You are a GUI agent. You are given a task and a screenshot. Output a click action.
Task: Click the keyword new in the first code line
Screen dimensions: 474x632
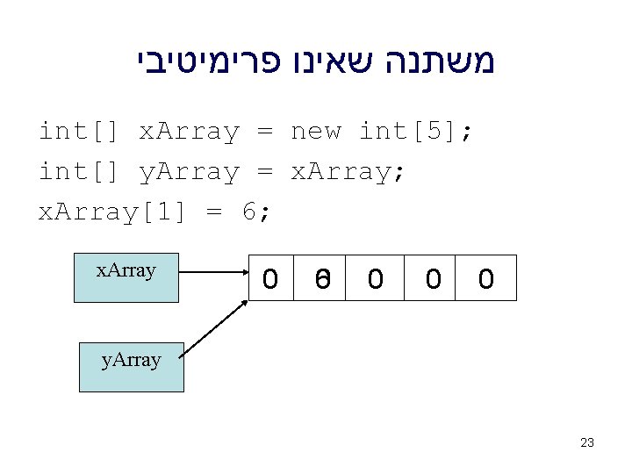pyautogui.click(x=315, y=133)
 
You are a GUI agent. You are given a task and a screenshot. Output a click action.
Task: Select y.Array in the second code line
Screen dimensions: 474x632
pyautogui.click(x=189, y=173)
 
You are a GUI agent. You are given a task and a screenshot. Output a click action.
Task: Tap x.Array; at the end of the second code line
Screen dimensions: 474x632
pyautogui.click(x=348, y=173)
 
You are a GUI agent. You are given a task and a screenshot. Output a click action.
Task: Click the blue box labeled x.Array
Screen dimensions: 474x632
pyautogui.click(x=126, y=277)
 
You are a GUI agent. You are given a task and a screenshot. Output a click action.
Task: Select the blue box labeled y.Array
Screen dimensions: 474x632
pyautogui.click(x=132, y=367)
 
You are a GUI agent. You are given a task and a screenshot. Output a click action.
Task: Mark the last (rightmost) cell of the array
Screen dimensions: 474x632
pyautogui.click(x=485, y=278)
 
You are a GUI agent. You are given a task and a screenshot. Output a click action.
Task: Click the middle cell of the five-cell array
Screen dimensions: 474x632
pyautogui.click(x=376, y=278)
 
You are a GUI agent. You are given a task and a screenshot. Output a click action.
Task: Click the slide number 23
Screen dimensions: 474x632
pyautogui.click(x=587, y=442)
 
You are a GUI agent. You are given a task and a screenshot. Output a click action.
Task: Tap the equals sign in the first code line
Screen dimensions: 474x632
pyautogui.click(x=264, y=133)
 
